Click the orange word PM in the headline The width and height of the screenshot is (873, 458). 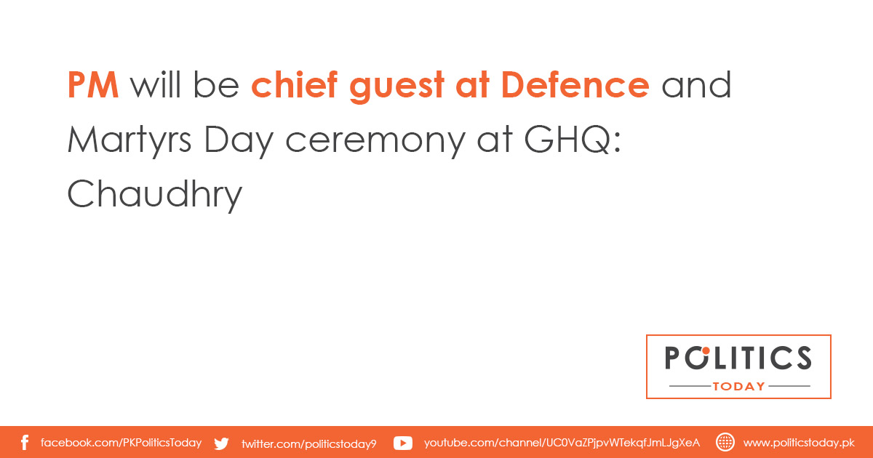[x=93, y=85]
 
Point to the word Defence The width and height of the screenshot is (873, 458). [x=575, y=84]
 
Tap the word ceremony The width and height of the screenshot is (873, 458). [x=375, y=143]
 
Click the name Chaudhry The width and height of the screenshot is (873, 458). [x=155, y=195]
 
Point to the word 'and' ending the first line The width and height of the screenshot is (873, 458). [x=696, y=84]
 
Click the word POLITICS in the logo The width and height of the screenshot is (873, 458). [x=738, y=358]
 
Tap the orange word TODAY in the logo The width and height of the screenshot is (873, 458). [x=738, y=386]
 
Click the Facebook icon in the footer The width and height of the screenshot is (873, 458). [x=25, y=443]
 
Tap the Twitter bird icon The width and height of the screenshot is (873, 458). [x=221, y=443]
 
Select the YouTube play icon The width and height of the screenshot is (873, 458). [x=402, y=443]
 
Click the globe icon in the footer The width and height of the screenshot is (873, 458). [x=725, y=443]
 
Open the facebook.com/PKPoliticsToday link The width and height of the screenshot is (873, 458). [x=121, y=443]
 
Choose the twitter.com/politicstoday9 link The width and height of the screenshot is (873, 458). [x=309, y=443]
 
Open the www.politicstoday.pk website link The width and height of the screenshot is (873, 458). [x=799, y=443]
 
